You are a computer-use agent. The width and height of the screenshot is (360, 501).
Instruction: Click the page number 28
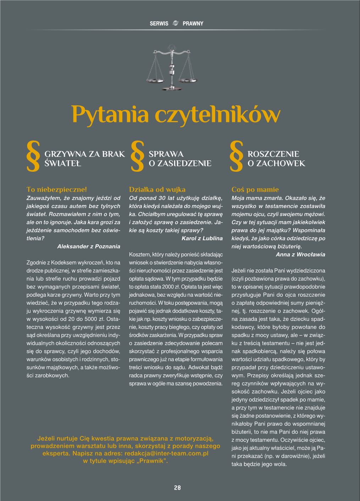pyautogui.click(x=177, y=488)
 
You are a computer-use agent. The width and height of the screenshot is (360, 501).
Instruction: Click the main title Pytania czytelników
pyautogui.click(x=176, y=114)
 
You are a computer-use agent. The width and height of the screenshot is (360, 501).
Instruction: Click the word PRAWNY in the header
pyautogui.click(x=193, y=23)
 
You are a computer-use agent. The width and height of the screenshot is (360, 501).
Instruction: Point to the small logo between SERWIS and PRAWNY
pyautogui.click(x=175, y=23)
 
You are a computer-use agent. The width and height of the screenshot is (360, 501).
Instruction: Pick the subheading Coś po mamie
pyautogui.click(x=255, y=190)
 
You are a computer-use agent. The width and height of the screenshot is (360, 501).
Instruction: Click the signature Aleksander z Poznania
pyautogui.click(x=88, y=246)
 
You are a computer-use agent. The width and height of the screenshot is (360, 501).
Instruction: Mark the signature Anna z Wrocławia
pyautogui.click(x=300, y=254)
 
